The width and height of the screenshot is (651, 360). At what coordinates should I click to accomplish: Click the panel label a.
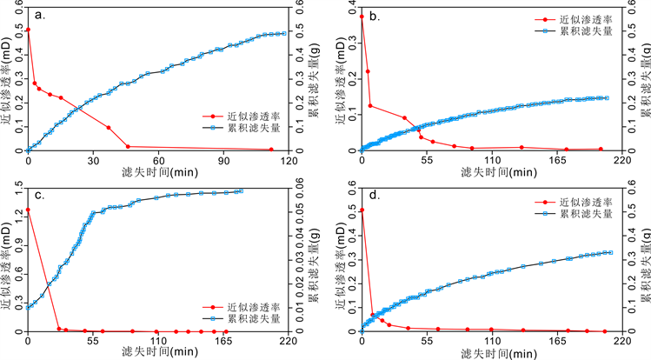tap(42, 14)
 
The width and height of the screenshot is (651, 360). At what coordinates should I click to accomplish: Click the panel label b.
tap(375, 14)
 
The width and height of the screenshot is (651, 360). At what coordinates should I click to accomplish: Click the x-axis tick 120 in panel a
tap(288, 161)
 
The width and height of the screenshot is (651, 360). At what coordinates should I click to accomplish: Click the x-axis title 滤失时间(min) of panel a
tap(158, 173)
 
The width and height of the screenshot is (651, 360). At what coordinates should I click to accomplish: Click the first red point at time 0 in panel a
tap(29, 30)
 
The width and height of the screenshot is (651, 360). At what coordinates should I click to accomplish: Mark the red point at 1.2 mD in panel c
tap(29, 210)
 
